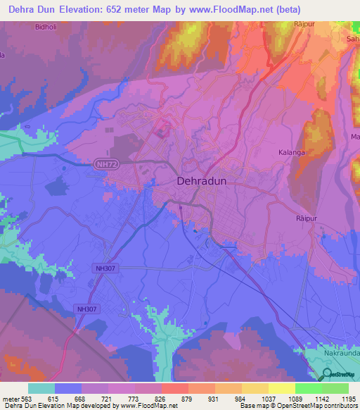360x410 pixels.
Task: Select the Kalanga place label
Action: click(291, 151)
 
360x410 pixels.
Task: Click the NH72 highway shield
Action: click(103, 163)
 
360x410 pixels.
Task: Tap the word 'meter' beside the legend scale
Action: click(11, 399)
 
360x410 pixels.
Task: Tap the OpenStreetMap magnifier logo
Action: click(327, 375)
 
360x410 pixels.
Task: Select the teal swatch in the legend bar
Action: click(41, 388)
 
